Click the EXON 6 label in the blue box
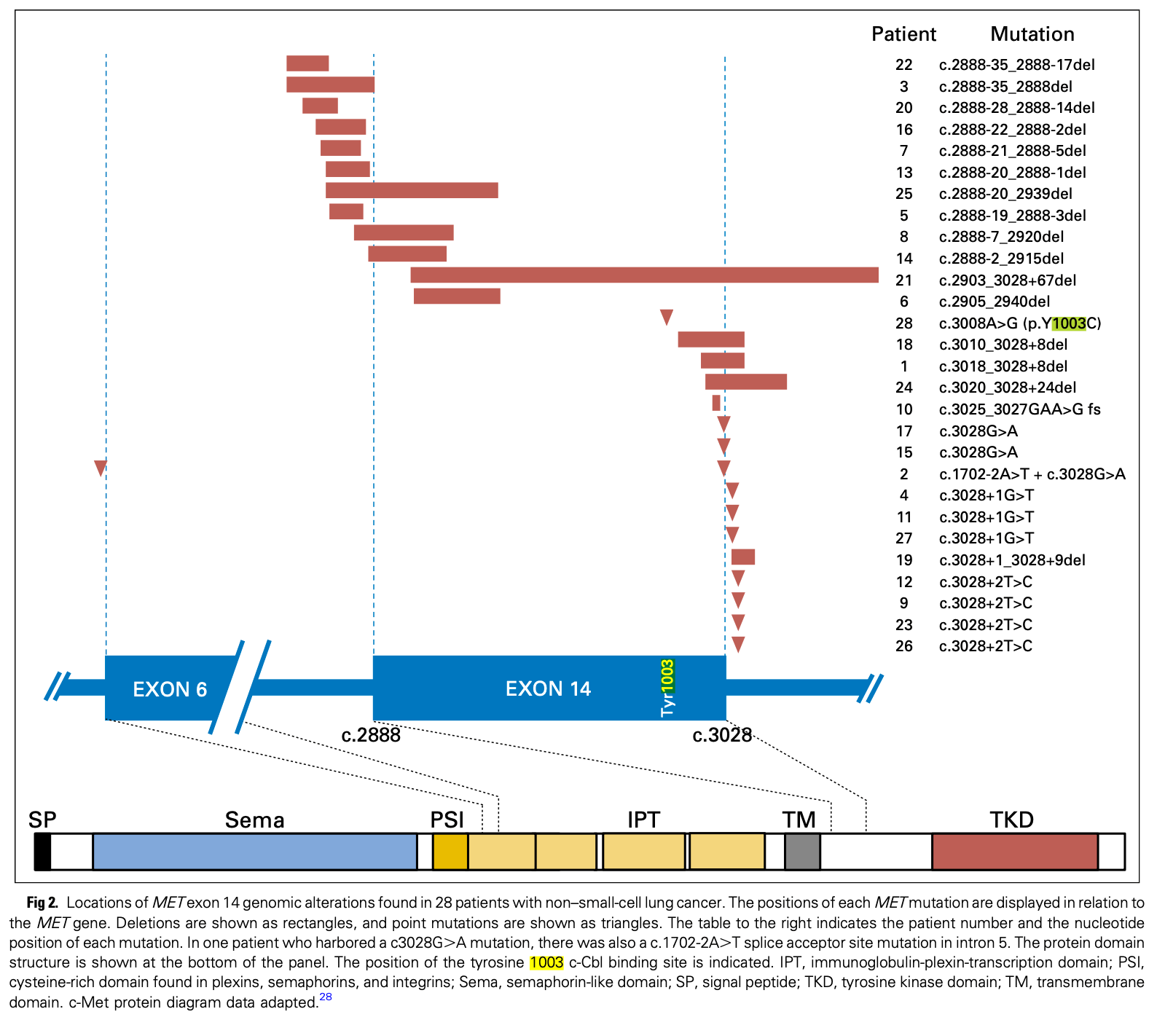coord(170,689)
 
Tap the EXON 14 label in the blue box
coord(548,689)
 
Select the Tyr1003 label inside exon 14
coord(667,688)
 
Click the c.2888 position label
coord(371,735)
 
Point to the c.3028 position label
coord(722,735)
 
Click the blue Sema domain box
coord(255,852)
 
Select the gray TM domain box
coord(802,852)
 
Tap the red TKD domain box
coord(1015,852)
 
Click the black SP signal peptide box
coord(42,852)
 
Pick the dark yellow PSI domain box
coord(450,852)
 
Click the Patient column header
coord(903,34)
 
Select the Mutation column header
coord(1032,34)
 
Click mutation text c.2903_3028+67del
coord(1008,280)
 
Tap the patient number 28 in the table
coord(904,323)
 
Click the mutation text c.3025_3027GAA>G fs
coord(1020,409)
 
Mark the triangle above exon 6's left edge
coord(101,468)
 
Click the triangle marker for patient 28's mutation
coord(667,317)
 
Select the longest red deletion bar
coord(644,275)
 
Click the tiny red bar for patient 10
coord(716,403)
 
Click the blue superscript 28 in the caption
coord(326,997)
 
